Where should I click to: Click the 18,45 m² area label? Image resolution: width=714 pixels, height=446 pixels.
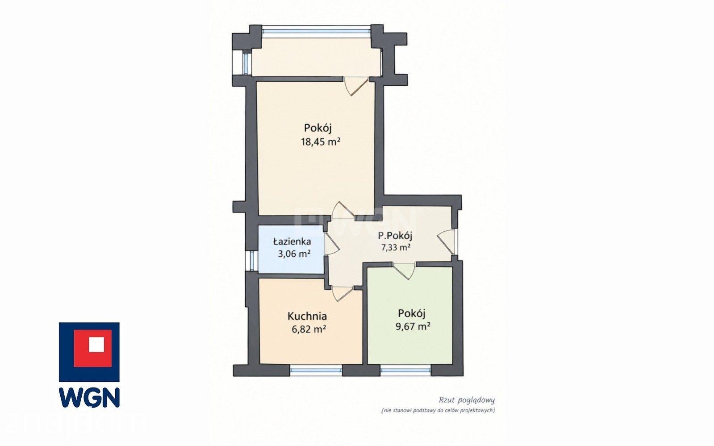click(320, 142)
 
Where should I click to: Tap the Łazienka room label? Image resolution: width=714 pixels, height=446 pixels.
click(292, 242)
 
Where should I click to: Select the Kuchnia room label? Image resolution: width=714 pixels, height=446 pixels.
click(307, 316)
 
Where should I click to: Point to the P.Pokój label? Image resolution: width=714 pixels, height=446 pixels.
click(395, 236)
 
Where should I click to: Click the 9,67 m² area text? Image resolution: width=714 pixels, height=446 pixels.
click(413, 326)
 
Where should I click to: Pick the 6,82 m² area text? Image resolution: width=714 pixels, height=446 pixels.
click(309, 329)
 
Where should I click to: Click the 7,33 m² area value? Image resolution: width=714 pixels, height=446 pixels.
click(396, 247)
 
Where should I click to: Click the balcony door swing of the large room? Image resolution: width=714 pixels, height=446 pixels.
click(355, 86)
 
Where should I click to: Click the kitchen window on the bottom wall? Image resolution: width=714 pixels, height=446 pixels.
click(316, 371)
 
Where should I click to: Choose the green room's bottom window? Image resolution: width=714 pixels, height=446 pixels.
click(405, 371)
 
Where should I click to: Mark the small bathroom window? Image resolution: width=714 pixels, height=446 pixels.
click(252, 261)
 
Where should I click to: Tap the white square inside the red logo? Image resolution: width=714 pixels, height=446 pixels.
click(96, 344)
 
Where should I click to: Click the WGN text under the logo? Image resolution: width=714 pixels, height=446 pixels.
click(89, 397)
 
